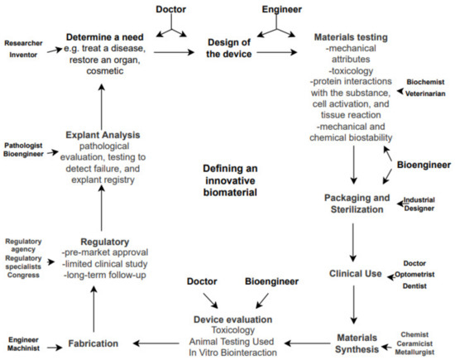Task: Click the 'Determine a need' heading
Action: pos(113,36)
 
